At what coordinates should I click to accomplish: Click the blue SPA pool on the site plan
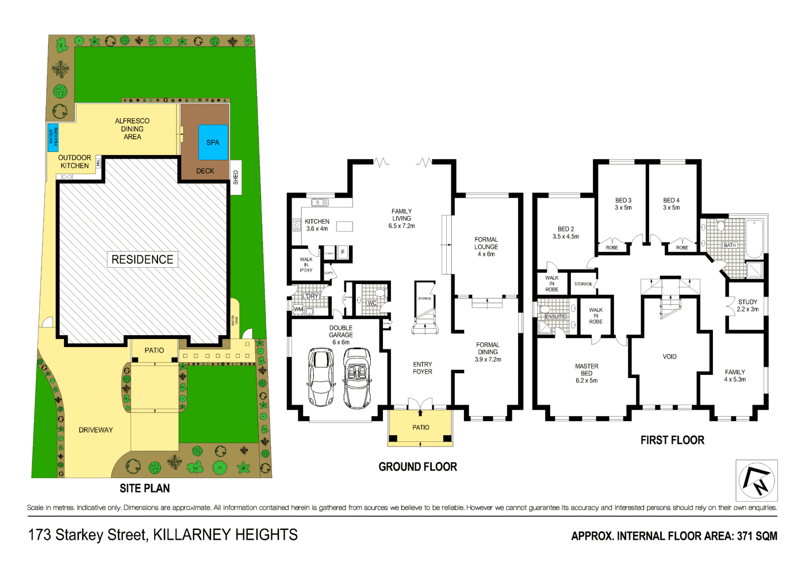pyautogui.click(x=213, y=142)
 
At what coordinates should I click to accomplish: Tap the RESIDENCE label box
pyautogui.click(x=143, y=260)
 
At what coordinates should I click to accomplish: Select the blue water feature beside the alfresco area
pyautogui.click(x=53, y=137)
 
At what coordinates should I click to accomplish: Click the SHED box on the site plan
pyautogui.click(x=236, y=178)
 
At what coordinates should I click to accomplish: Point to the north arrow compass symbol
pyautogui.click(x=757, y=480)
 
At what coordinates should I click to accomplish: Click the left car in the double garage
pyautogui.click(x=321, y=377)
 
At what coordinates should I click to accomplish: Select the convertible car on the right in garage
pyautogui.click(x=357, y=379)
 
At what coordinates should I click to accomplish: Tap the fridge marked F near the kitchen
pyautogui.click(x=343, y=252)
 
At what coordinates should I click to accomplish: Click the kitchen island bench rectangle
pyautogui.click(x=344, y=226)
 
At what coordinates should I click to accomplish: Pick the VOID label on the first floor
pyautogui.click(x=669, y=357)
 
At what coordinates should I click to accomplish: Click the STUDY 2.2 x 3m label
pyautogui.click(x=747, y=305)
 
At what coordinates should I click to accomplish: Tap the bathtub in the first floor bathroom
pyautogui.click(x=754, y=239)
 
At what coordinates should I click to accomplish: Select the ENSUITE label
pyautogui.click(x=555, y=317)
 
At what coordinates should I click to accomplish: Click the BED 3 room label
pyautogui.click(x=623, y=204)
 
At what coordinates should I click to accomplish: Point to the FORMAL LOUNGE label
pyautogui.click(x=486, y=247)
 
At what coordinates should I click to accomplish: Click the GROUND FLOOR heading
pyautogui.click(x=417, y=467)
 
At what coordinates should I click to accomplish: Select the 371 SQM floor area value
pyautogui.click(x=757, y=536)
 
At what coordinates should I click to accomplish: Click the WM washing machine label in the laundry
pyautogui.click(x=298, y=309)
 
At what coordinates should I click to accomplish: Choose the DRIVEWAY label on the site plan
pyautogui.click(x=96, y=430)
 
